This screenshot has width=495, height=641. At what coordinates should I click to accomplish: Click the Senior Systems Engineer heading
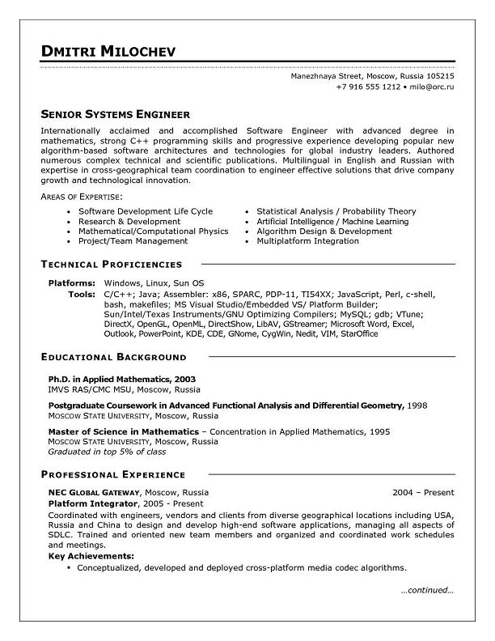pyautogui.click(x=115, y=114)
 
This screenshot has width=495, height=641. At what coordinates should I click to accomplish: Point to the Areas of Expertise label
pyautogui.click(x=82, y=197)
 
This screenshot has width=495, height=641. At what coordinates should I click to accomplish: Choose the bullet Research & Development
pyautogui.click(x=129, y=221)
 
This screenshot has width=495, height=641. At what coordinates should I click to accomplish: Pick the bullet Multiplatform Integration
pyautogui.click(x=307, y=241)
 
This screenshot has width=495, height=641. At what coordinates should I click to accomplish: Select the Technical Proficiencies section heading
pyautogui.click(x=112, y=264)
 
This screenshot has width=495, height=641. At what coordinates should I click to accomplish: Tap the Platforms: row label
pyautogui.click(x=72, y=282)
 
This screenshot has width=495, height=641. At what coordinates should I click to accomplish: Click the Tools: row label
pyautogui.click(x=82, y=293)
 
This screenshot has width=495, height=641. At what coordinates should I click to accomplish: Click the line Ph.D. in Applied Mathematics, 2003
pyautogui.click(x=121, y=379)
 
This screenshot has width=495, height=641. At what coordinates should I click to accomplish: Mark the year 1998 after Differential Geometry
pyautogui.click(x=417, y=404)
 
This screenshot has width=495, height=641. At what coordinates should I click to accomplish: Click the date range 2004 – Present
pyautogui.click(x=423, y=492)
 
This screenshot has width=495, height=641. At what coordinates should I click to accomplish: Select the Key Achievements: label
pyautogui.click(x=91, y=556)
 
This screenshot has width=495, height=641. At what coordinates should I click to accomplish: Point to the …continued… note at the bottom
pyautogui.click(x=427, y=590)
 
